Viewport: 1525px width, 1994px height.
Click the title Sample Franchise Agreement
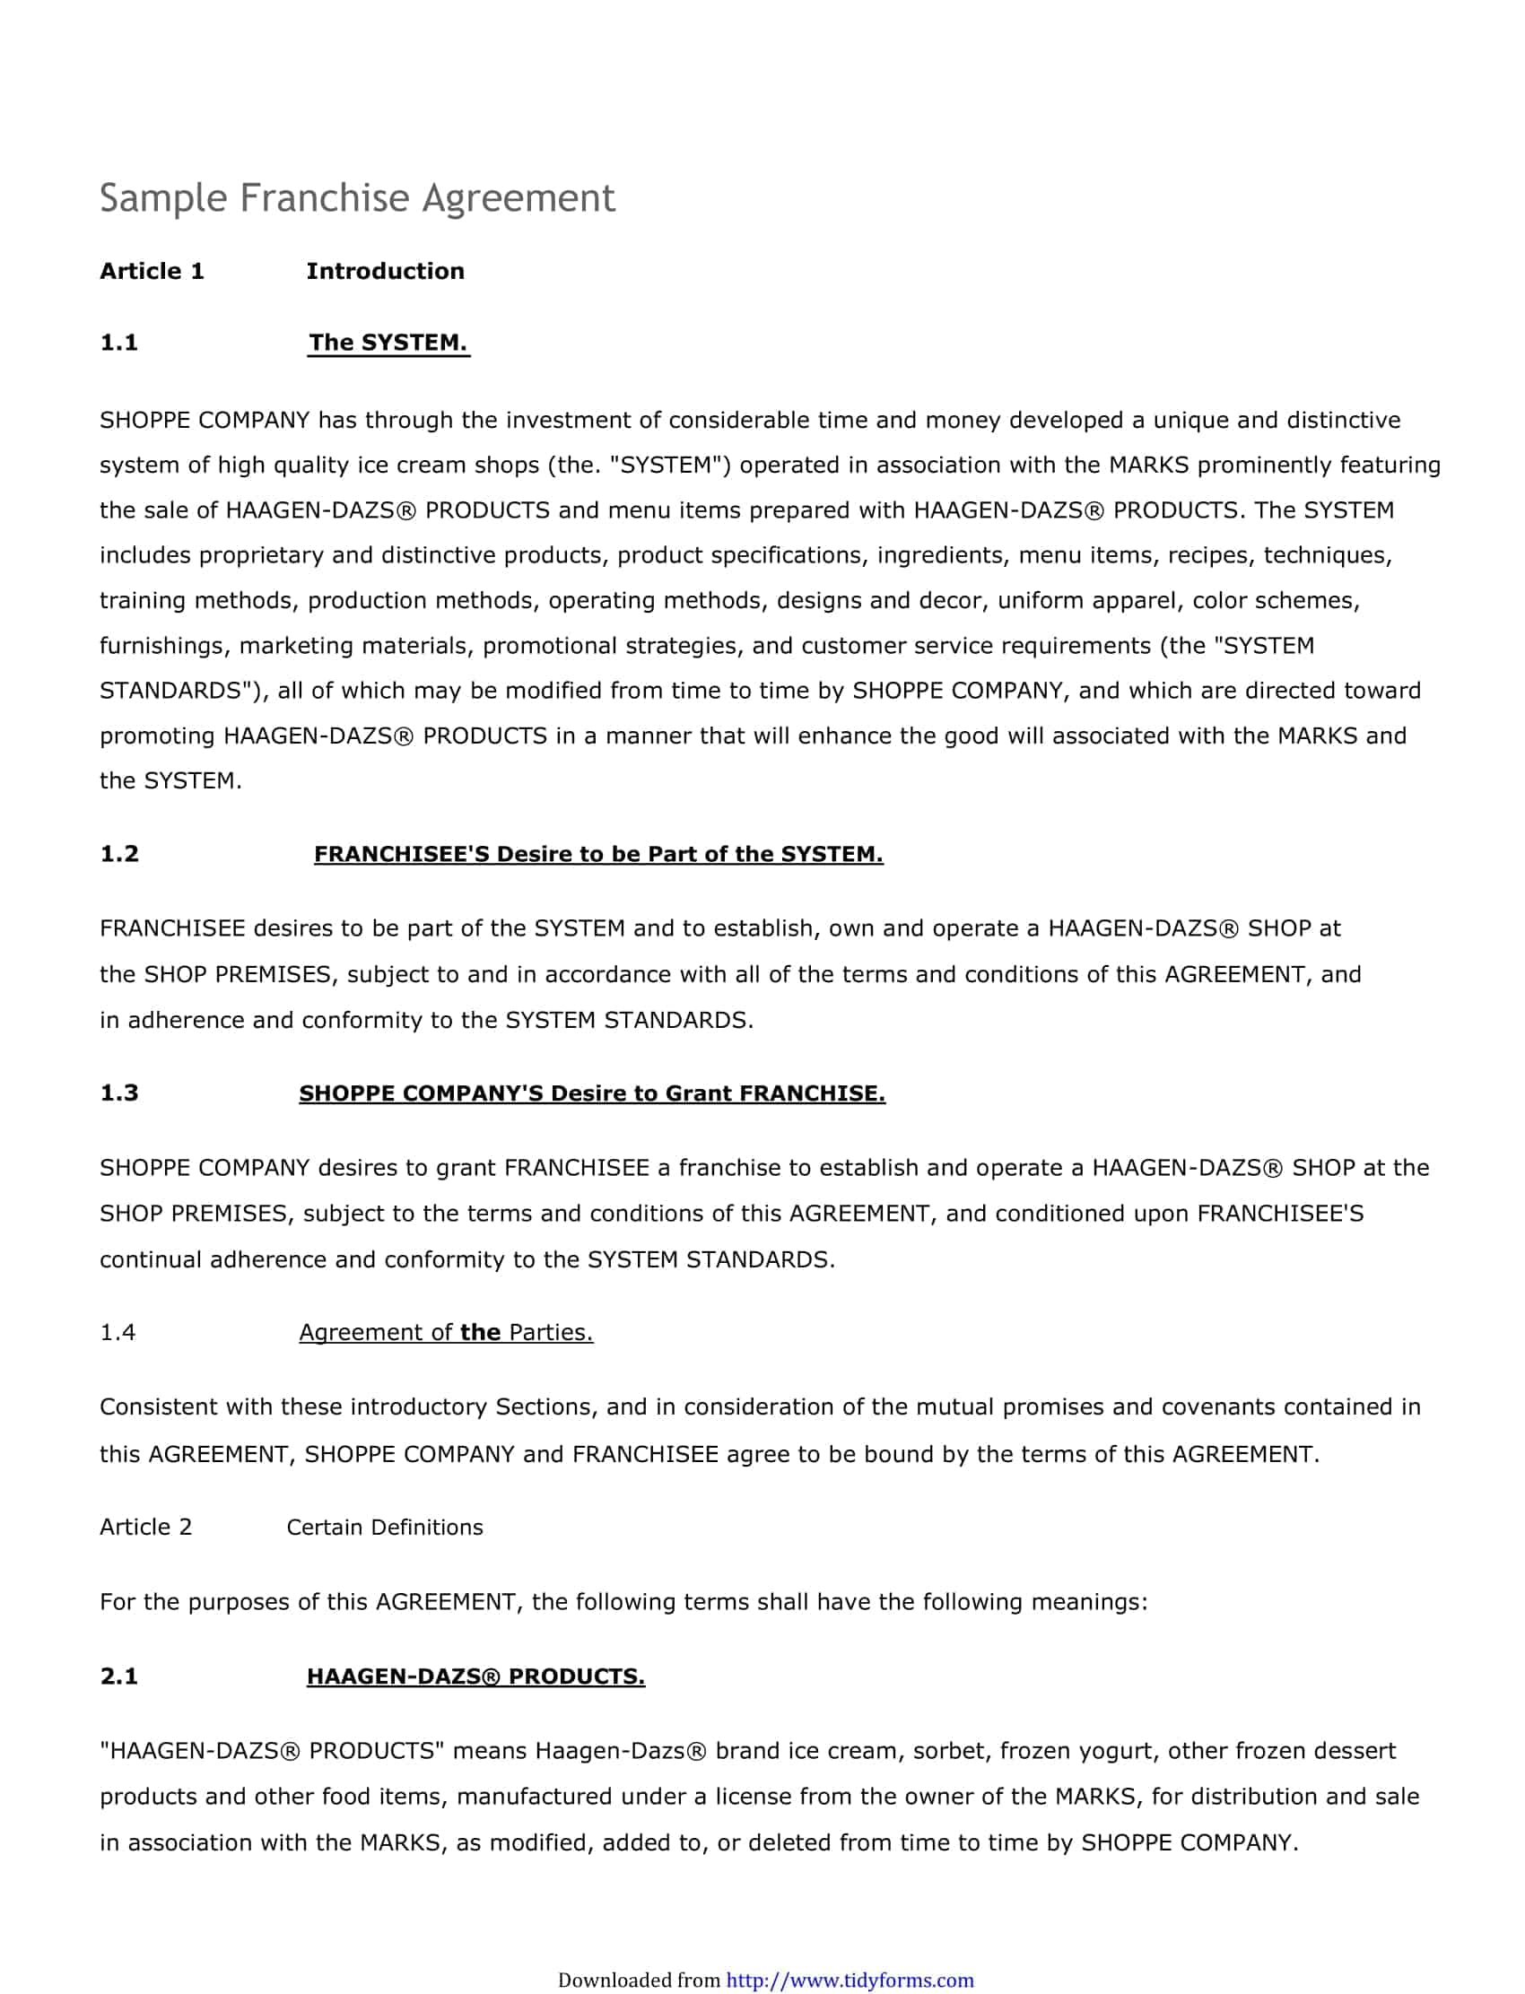[357, 198]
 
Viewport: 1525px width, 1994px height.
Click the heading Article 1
[152, 272]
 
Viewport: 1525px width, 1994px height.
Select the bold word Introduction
[385, 272]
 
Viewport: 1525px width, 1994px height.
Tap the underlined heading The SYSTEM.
[388, 343]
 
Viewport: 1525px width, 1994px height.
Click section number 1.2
[119, 854]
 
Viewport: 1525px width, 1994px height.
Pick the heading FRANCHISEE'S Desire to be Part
[597, 854]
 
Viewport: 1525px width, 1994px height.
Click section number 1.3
[119, 1093]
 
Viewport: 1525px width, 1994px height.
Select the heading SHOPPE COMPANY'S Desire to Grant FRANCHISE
[592, 1093]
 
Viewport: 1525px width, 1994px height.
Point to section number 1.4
[118, 1332]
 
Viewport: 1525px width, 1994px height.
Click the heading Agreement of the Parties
[446, 1332]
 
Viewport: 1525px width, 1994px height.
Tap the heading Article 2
[145, 1528]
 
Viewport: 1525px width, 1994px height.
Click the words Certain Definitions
[384, 1528]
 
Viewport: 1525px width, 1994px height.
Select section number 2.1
[119, 1676]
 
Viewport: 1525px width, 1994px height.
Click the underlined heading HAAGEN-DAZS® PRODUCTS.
[475, 1676]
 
